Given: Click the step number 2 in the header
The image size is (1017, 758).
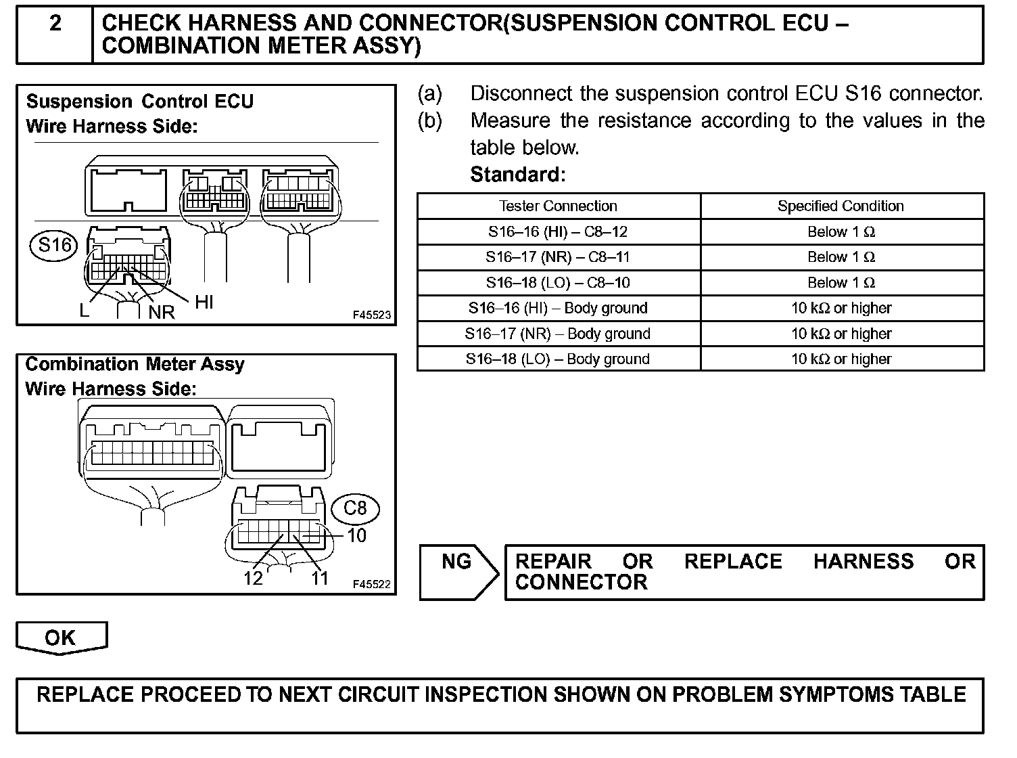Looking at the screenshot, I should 55,24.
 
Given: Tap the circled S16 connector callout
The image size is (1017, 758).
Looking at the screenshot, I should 55,244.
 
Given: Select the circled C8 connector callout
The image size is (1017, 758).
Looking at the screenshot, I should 355,508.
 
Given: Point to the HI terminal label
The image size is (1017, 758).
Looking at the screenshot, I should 204,303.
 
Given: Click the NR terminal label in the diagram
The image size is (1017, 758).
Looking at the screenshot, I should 162,312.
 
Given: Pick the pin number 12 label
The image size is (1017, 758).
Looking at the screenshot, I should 253,579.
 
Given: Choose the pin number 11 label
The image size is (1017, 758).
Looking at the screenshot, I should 319,579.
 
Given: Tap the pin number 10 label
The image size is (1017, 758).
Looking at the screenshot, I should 356,535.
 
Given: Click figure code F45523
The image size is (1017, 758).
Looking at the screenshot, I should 372,315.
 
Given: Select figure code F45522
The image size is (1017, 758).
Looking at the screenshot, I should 372,584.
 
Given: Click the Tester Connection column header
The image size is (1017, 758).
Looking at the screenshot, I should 558,206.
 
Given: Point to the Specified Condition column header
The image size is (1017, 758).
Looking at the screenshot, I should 841,206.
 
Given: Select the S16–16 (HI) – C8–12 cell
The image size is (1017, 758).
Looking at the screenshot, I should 558,231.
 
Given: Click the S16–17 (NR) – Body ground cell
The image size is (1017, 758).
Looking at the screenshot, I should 558,334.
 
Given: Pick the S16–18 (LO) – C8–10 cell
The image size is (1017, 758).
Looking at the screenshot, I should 558,283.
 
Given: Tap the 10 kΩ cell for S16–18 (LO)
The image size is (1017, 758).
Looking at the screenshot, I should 841,359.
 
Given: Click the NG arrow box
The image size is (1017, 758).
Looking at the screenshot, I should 457,572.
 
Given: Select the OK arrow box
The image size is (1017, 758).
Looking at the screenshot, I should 61,638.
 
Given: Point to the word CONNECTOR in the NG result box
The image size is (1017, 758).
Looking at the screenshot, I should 581,583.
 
